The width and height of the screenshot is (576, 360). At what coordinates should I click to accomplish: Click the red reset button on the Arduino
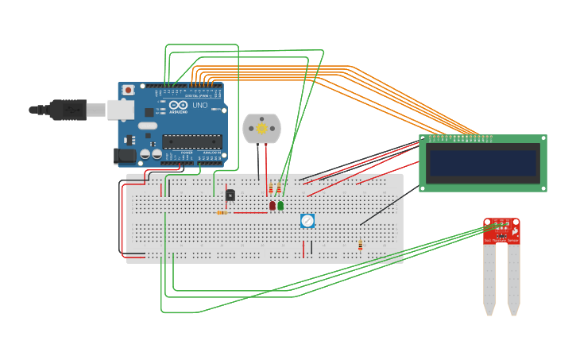pyautogui.click(x=128, y=91)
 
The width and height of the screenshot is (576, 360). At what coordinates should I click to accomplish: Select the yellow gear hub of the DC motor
pyautogui.click(x=261, y=128)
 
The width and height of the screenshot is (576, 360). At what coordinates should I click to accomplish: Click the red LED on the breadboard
pyautogui.click(x=272, y=205)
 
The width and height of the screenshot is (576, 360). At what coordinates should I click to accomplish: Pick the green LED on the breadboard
pyautogui.click(x=280, y=205)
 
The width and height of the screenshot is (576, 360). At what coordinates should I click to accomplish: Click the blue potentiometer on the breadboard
pyautogui.click(x=307, y=221)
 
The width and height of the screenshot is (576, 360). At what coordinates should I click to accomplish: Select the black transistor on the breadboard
pyautogui.click(x=230, y=195)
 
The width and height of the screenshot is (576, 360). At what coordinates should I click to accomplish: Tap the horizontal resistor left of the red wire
pyautogui.click(x=222, y=212)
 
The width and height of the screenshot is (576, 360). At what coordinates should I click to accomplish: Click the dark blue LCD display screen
pyautogui.click(x=483, y=163)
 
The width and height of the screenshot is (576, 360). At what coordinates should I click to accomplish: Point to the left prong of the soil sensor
pyautogui.click(x=489, y=278)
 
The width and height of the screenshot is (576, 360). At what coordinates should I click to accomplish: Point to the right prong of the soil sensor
pyautogui.click(x=514, y=278)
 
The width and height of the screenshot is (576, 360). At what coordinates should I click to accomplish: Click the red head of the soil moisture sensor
pyautogui.click(x=501, y=230)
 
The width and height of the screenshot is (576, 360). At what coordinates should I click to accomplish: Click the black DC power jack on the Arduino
pyautogui.click(x=125, y=156)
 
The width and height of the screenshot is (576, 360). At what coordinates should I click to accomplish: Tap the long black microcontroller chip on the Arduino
pyautogui.click(x=191, y=141)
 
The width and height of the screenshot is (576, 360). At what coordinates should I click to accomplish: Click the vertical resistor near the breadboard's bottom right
pyautogui.click(x=360, y=245)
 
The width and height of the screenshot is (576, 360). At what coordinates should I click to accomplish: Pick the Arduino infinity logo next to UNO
pyautogui.click(x=178, y=105)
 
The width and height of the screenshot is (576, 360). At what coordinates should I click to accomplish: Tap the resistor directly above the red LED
pyautogui.click(x=271, y=188)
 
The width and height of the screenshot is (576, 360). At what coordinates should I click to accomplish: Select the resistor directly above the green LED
pyautogui.click(x=279, y=188)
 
